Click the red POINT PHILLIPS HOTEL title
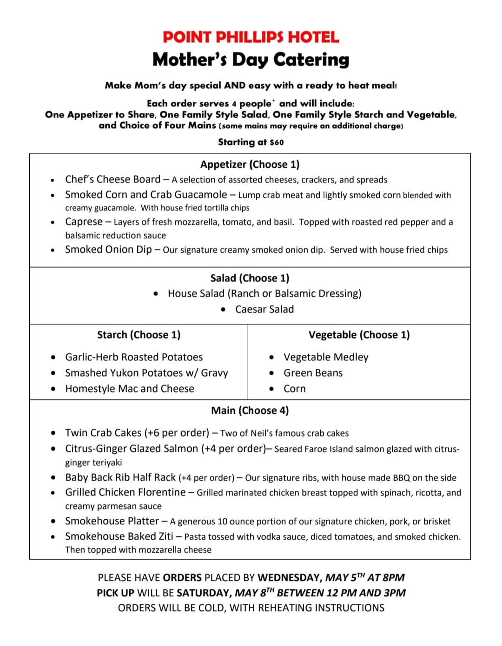[251, 37]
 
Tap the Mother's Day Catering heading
[251, 59]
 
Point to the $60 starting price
[277, 142]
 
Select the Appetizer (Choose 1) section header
[250, 164]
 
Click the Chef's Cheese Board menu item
[112, 179]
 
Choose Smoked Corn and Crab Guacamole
[146, 195]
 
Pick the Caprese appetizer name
[84, 222]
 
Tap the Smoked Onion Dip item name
[108, 249]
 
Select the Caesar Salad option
[264, 309]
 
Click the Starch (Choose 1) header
[139, 335]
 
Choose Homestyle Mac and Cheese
[130, 389]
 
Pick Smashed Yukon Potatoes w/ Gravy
[146, 373]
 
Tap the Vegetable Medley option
[326, 357]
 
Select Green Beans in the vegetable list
[313, 373]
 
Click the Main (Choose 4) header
[250, 411]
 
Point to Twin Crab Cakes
[103, 433]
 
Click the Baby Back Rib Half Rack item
[120, 477]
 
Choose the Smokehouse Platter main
[112, 521]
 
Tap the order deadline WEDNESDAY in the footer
[289, 578]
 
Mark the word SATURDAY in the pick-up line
[204, 593]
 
